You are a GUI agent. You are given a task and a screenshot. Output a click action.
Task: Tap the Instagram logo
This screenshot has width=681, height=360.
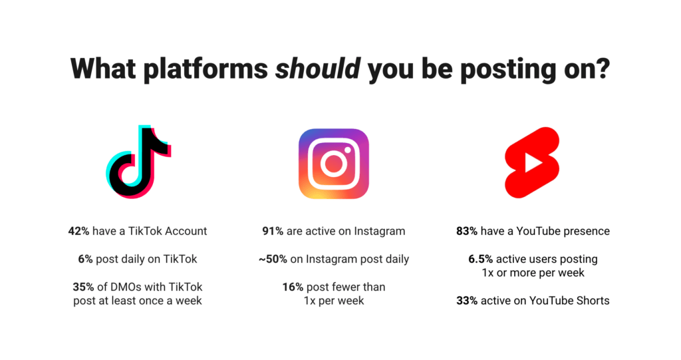(334, 164)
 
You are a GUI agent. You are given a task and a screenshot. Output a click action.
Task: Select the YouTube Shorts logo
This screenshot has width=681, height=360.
(532, 162)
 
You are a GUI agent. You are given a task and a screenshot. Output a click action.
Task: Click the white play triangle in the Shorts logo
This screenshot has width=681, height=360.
(533, 162)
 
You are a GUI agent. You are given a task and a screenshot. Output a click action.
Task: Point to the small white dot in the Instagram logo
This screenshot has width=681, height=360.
(347, 150)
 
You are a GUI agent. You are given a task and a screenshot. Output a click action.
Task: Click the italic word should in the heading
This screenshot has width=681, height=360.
(318, 69)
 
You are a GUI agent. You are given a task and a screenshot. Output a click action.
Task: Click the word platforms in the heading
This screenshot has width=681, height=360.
(205, 70)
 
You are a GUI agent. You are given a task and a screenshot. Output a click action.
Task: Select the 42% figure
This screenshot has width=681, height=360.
(78, 231)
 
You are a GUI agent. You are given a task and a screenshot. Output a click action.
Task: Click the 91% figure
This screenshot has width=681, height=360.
(273, 231)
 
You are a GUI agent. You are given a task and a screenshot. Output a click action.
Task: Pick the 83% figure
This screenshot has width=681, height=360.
(467, 231)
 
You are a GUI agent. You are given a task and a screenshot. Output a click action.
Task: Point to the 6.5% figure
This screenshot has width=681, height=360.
(480, 259)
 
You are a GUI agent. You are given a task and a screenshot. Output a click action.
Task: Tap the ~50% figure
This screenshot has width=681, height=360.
(273, 259)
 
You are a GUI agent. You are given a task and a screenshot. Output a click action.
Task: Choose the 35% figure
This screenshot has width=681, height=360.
(83, 287)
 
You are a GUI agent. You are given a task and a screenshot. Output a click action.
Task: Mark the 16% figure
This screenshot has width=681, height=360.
(293, 287)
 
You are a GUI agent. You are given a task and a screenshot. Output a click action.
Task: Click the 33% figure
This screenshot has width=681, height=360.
(467, 300)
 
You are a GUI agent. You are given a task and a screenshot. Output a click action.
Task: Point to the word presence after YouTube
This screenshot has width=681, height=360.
(591, 232)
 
